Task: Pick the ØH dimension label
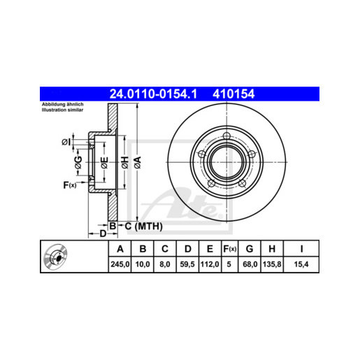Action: coord(125,161)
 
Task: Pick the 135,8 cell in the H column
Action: coord(270,265)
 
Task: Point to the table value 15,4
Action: coord(300,265)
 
